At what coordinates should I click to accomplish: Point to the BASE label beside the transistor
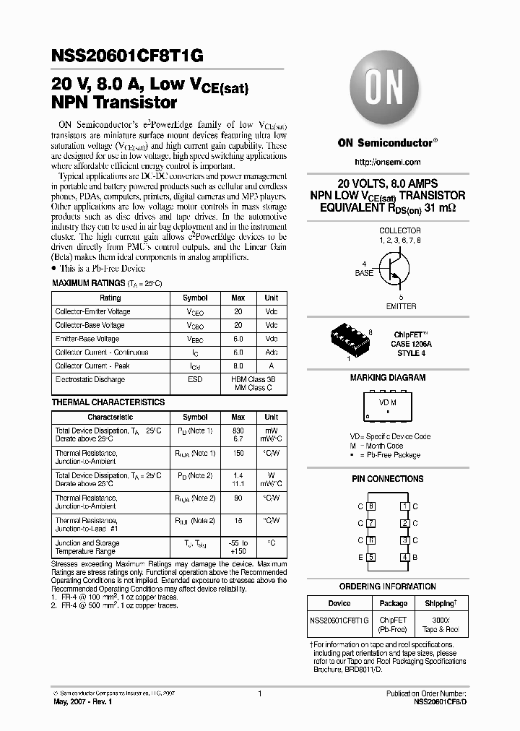364,274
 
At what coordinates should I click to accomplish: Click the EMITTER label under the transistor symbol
401,306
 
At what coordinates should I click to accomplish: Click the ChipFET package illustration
351,337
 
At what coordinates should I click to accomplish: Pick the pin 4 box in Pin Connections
405,557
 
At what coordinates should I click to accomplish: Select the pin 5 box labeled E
371,557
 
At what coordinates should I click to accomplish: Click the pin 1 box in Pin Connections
405,507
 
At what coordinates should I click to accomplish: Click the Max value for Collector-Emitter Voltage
238,311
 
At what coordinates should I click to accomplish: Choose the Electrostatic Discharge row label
90,379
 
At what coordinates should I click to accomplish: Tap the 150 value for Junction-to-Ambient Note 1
238,453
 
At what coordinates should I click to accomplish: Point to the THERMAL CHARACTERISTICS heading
108,402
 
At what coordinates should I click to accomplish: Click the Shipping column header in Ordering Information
440,603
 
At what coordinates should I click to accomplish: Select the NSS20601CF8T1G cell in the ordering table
339,620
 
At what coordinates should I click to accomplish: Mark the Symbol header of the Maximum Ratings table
195,298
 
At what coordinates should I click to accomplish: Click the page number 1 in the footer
259,693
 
